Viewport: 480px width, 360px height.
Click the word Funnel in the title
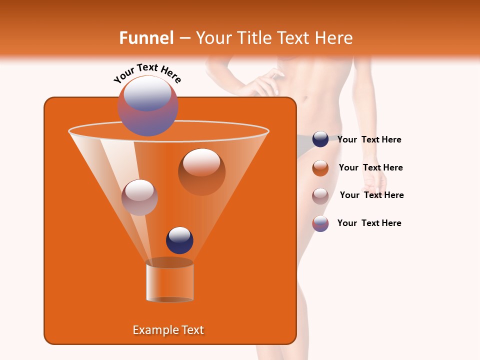[146, 38]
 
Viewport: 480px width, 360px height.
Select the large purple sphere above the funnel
[147, 106]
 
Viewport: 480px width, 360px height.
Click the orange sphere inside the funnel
[201, 171]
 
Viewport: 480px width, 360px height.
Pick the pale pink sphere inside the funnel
[139, 197]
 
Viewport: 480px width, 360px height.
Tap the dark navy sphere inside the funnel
[179, 240]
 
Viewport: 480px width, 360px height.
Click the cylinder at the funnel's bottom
[169, 281]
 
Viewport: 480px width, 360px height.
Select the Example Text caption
[168, 330]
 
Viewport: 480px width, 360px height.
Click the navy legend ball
[320, 139]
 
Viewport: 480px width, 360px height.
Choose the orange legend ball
[320, 168]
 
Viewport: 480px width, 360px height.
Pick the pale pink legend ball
[320, 195]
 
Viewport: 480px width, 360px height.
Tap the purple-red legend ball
[320, 223]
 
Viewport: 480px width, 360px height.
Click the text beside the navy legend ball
[369, 140]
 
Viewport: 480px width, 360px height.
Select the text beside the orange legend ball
[370, 168]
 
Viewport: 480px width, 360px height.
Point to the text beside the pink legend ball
[371, 195]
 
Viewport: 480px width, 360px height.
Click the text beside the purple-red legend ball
[369, 223]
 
